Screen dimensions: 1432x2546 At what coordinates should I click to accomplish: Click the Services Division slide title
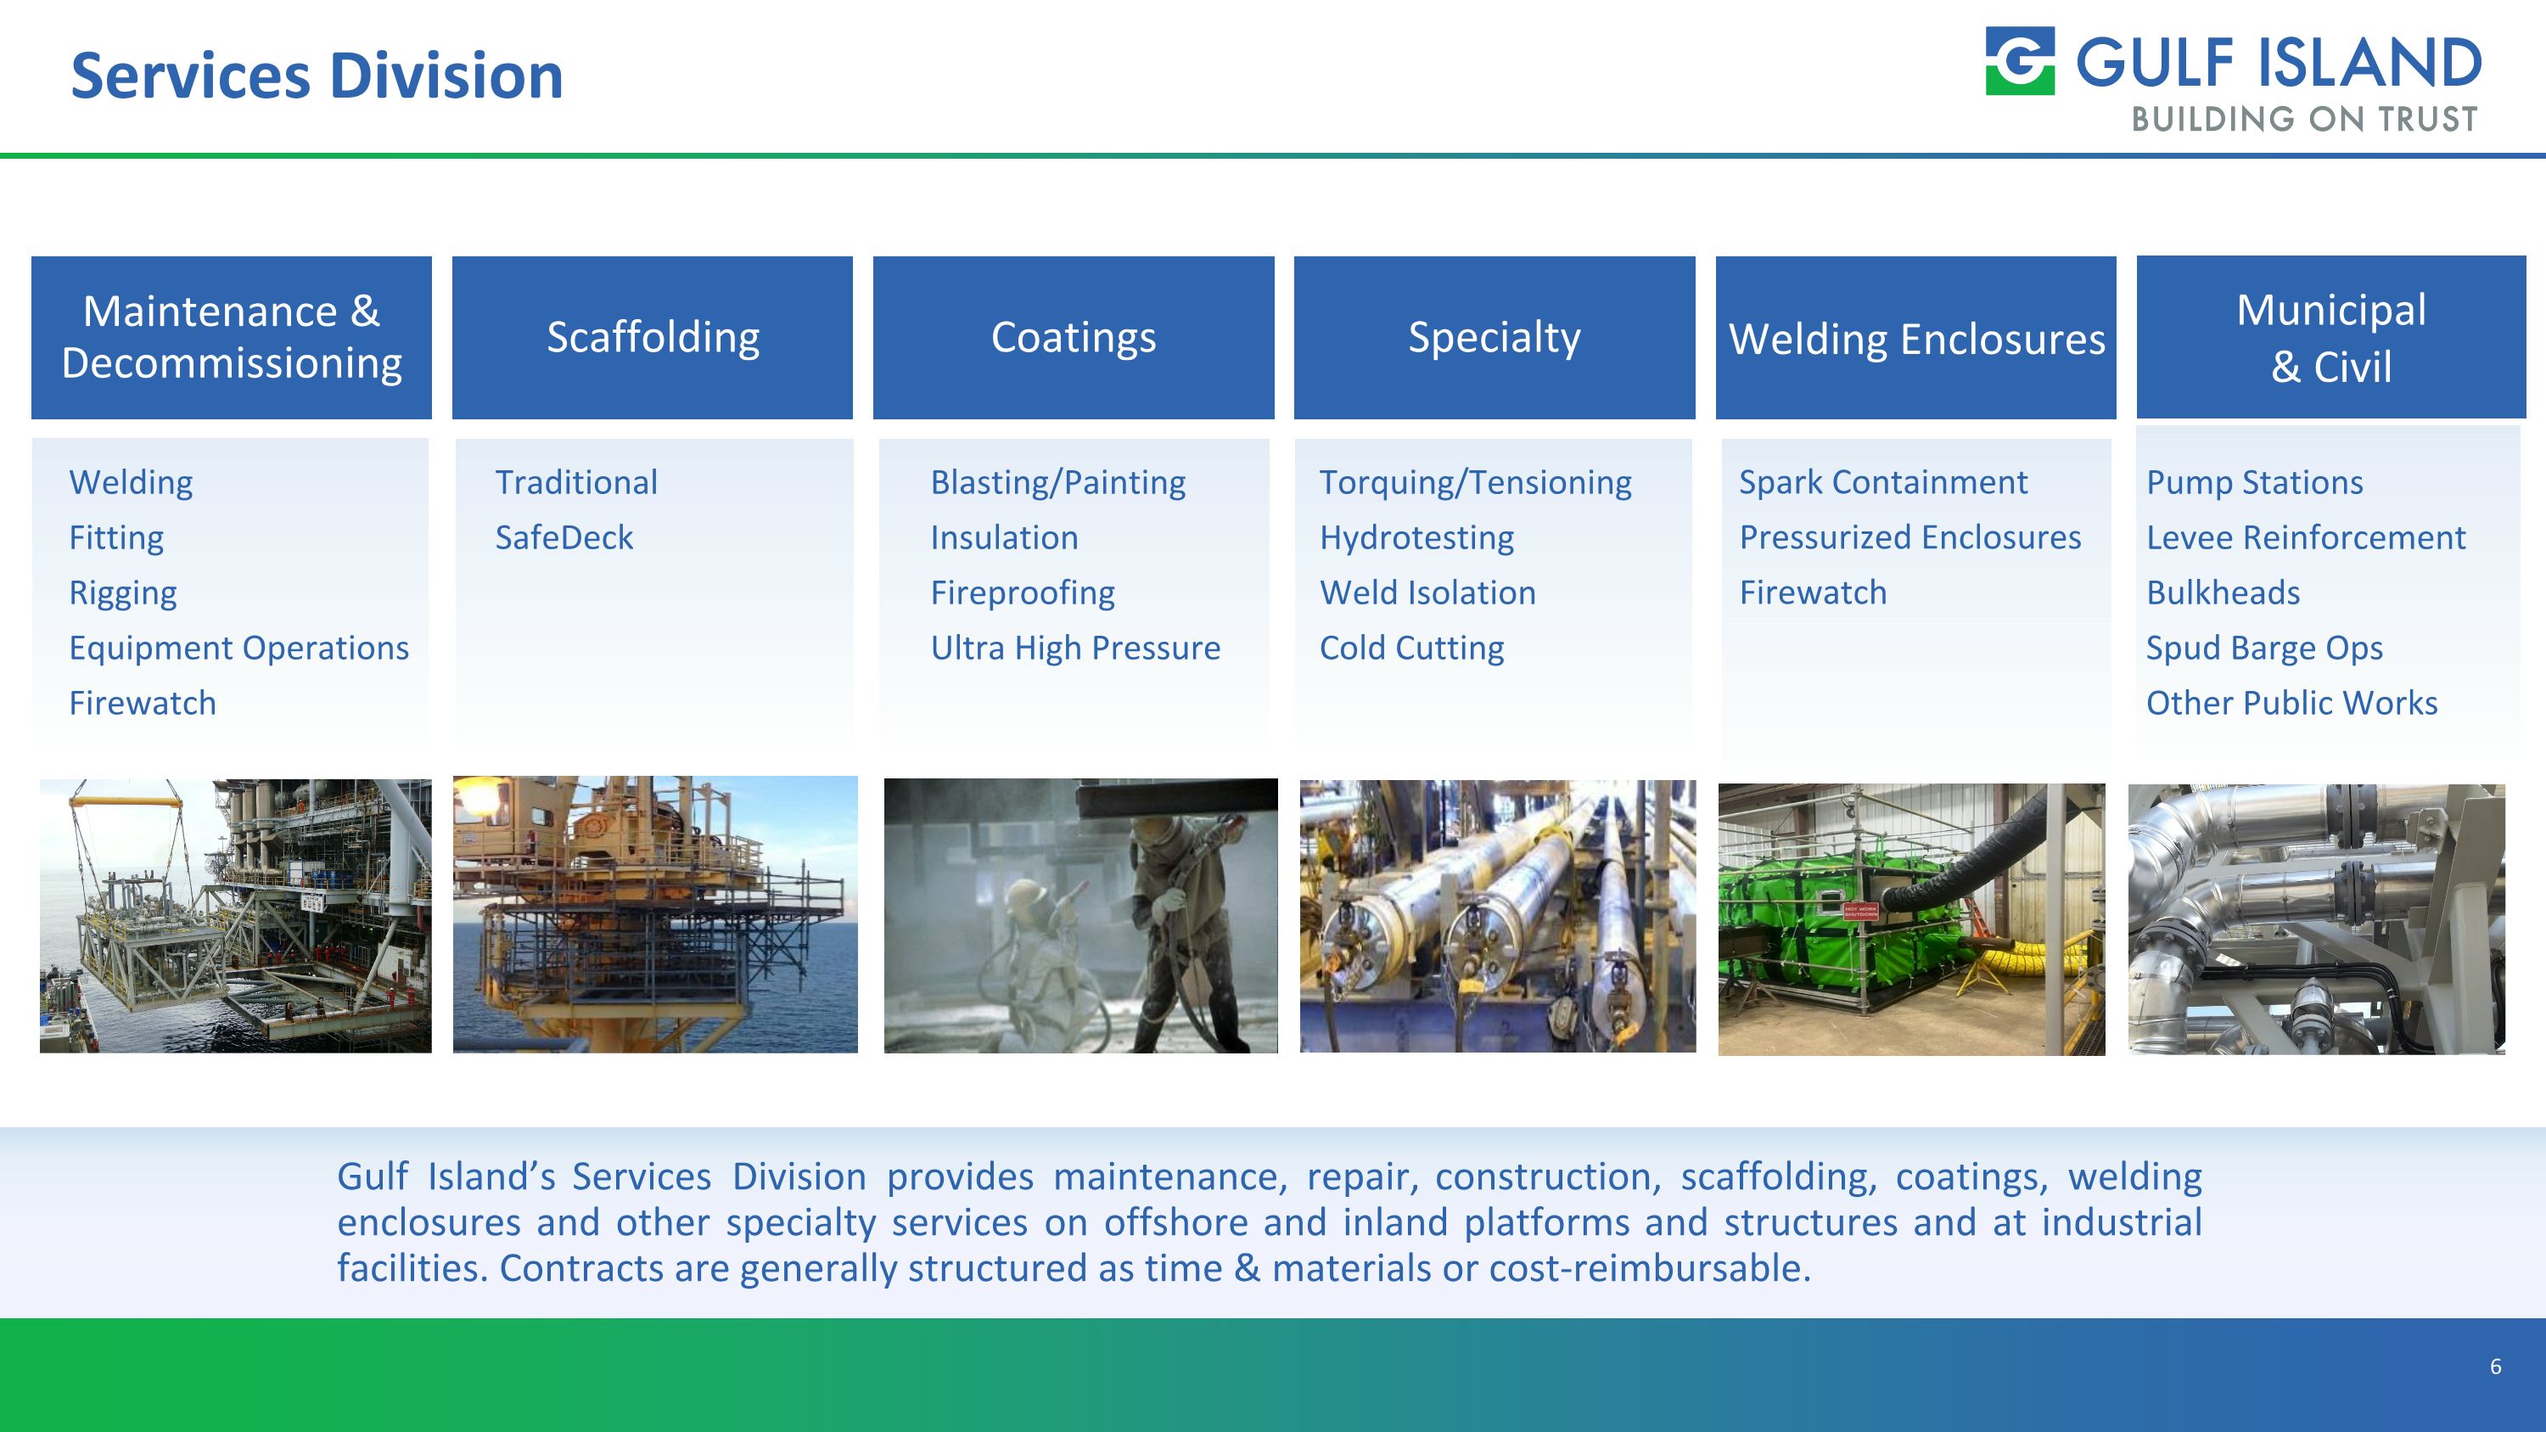point(317,76)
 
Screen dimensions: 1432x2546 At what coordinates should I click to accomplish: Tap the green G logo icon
point(2020,61)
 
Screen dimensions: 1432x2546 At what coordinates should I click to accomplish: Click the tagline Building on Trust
point(2304,120)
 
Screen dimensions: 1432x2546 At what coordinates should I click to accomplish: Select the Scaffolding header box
point(653,337)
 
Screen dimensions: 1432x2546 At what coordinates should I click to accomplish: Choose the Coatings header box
point(1074,337)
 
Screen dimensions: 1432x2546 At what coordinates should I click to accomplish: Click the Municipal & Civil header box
point(2330,337)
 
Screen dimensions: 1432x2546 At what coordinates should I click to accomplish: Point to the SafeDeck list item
point(564,537)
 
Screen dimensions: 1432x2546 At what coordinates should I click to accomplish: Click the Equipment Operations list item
point(238,649)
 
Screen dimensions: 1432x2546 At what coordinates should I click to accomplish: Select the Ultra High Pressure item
point(1074,649)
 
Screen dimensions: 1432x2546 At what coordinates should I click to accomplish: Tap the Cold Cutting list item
point(1411,649)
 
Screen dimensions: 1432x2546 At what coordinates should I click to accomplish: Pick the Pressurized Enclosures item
point(1909,537)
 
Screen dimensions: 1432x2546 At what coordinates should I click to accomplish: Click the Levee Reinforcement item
point(2305,537)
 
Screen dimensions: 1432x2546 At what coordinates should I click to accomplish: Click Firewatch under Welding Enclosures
point(1813,593)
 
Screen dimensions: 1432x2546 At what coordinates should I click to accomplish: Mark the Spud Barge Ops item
point(2263,649)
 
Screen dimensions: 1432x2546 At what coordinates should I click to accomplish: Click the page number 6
point(2494,1367)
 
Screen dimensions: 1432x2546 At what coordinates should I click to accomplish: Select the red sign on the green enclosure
point(1859,911)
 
